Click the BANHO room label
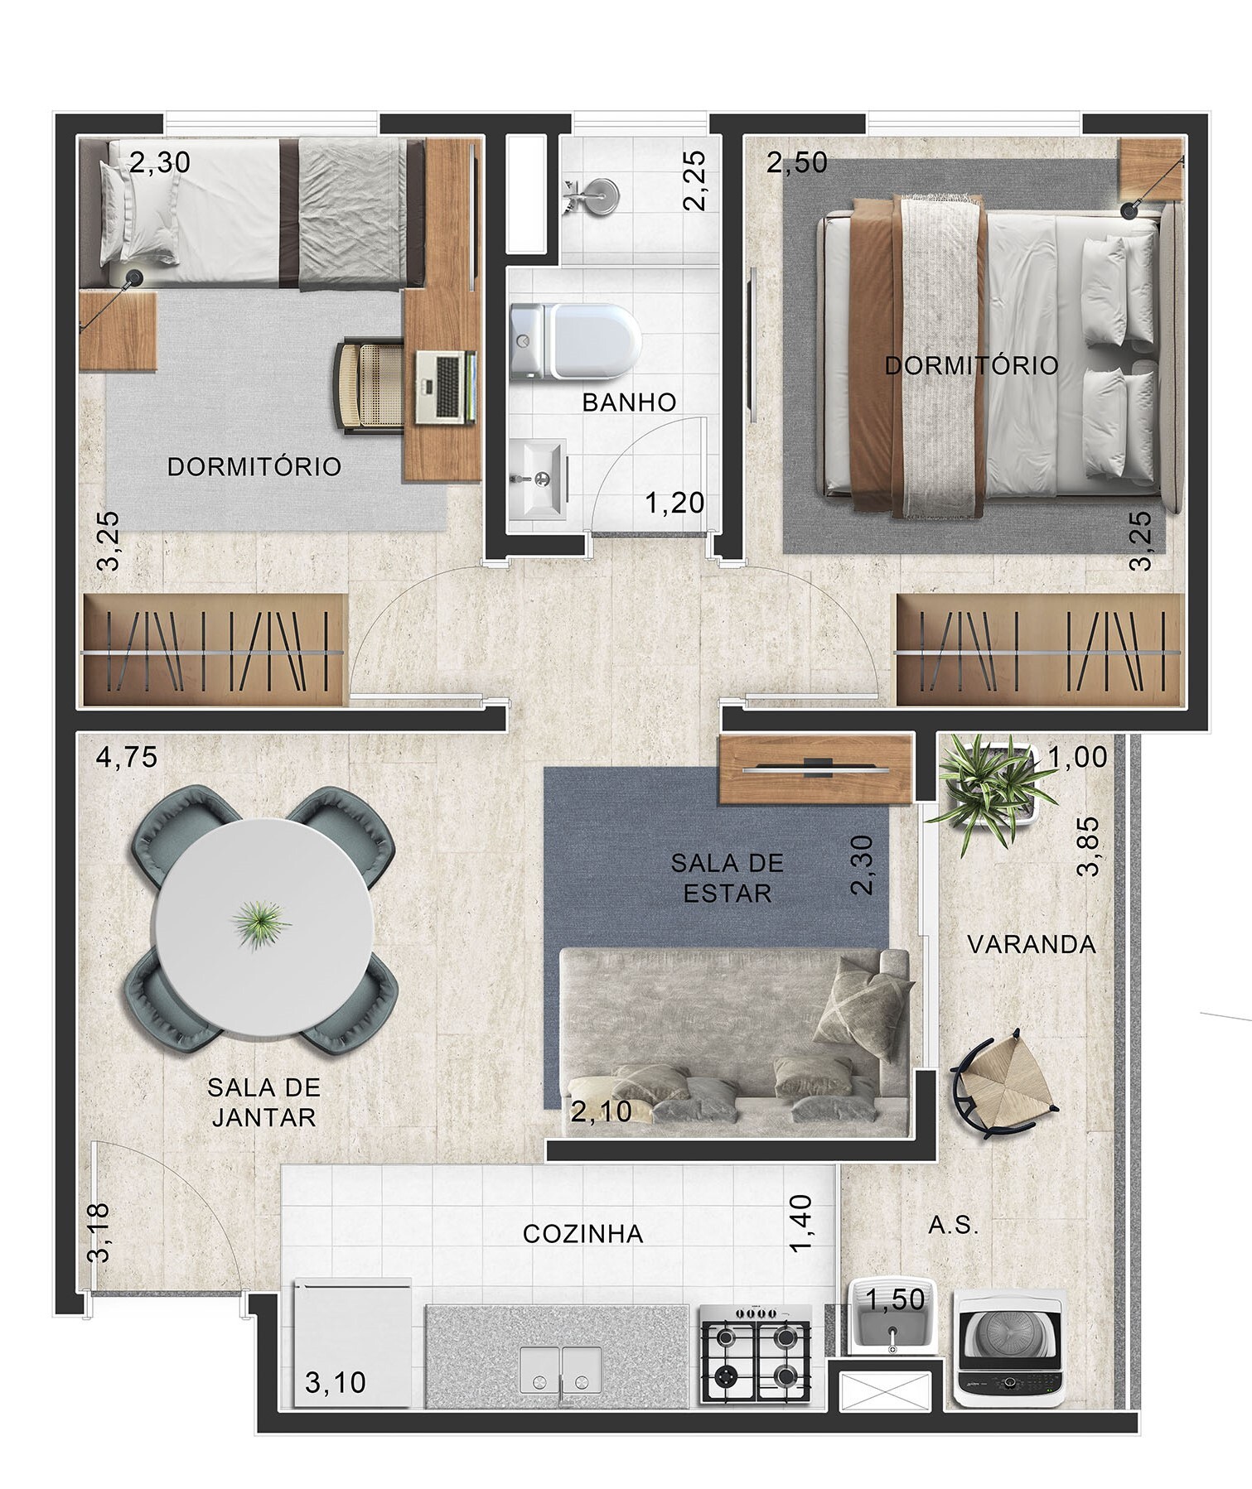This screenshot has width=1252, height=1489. (x=629, y=402)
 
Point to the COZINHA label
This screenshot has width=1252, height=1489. (x=582, y=1234)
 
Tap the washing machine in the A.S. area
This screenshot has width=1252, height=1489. (x=1009, y=1347)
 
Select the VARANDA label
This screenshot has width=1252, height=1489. (x=1031, y=944)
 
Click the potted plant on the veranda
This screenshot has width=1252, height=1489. (x=991, y=786)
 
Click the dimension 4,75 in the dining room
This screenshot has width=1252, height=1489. (x=127, y=758)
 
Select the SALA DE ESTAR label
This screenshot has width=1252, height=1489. (x=727, y=878)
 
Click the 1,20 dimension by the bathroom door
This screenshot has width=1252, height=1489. (x=674, y=503)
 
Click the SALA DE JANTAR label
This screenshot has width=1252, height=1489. (x=263, y=1101)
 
